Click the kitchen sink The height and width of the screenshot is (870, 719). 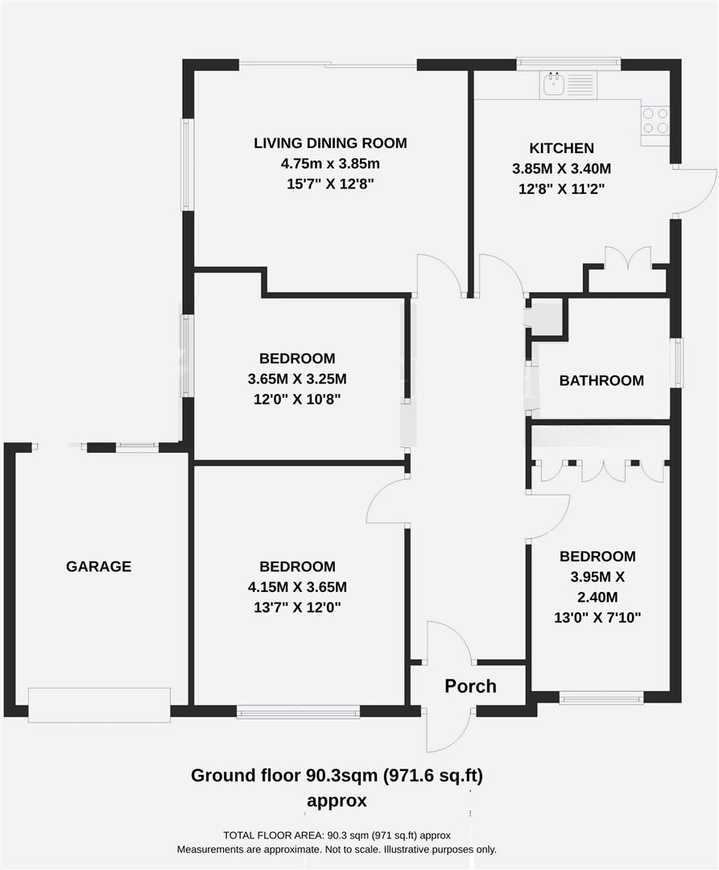coord(554,84)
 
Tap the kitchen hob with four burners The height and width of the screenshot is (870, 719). coord(655,121)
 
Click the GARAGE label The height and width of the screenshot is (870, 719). coord(98,566)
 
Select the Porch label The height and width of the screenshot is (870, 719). coord(471,686)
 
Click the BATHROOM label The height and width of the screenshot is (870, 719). coord(601,380)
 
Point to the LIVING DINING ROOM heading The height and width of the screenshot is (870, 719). coord(330,143)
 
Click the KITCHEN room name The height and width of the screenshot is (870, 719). coord(561,148)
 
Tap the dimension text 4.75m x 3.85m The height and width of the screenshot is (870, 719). coord(330,164)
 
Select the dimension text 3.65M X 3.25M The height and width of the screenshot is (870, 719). coord(297,379)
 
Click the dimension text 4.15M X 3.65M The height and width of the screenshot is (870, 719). coord(297,586)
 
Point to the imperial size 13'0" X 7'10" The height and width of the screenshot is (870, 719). coord(597,618)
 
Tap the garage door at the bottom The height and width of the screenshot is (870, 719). coord(99,704)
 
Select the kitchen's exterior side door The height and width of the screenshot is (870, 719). coord(694,192)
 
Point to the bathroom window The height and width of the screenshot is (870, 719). coord(678,363)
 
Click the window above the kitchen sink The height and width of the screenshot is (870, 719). coord(568,63)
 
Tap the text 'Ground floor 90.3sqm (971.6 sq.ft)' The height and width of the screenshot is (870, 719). coord(337,776)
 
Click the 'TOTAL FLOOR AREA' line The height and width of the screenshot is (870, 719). coord(336,835)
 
